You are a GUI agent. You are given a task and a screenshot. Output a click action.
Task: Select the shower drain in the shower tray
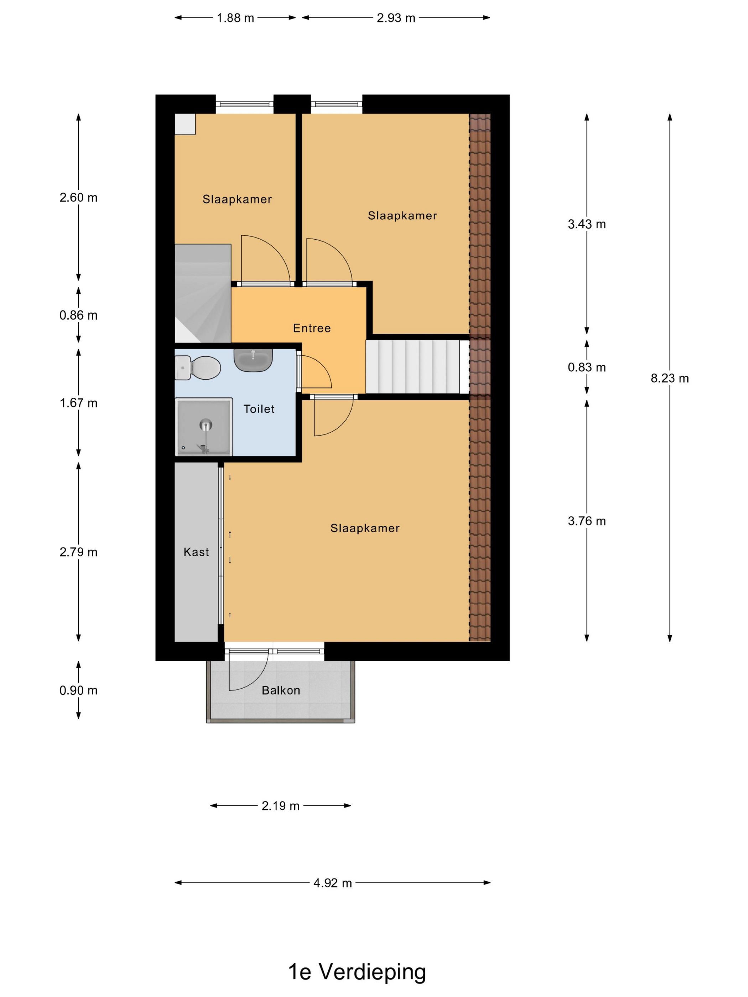206,424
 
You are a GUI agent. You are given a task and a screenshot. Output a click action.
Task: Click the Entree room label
312,328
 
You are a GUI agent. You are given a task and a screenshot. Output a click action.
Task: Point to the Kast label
196,552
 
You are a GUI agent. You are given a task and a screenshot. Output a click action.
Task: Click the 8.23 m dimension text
670,378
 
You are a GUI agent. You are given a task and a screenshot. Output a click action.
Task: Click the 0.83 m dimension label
587,367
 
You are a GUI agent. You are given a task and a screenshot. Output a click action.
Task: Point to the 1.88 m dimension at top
235,18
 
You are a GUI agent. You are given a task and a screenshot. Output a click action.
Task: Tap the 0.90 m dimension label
78,690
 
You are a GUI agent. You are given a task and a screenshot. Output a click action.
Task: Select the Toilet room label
259,409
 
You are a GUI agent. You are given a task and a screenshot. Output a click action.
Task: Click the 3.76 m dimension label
587,521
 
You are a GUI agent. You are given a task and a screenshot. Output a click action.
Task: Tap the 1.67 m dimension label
78,403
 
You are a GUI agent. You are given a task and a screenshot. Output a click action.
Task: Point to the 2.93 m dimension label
396,18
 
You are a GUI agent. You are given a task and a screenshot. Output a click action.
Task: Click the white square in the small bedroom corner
185,124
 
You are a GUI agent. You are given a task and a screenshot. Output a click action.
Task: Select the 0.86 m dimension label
78,315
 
